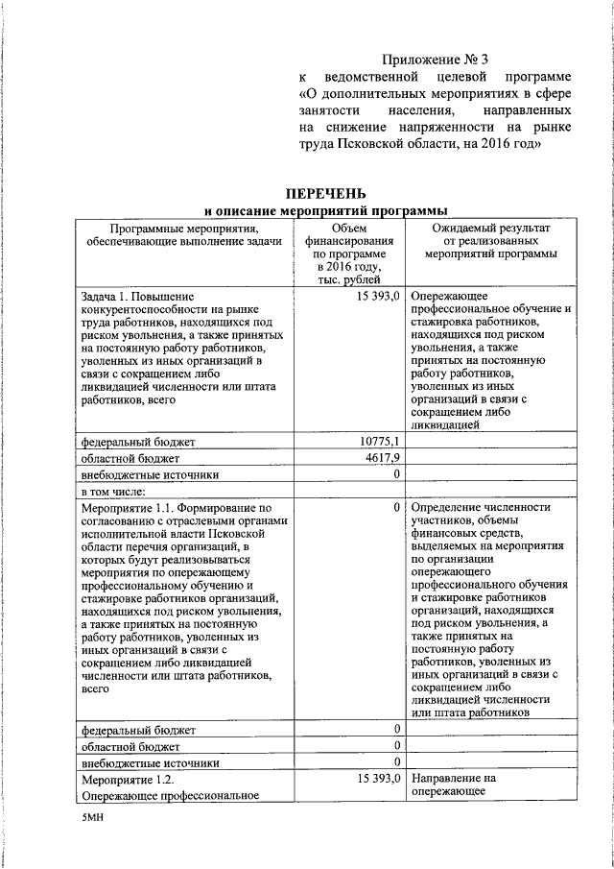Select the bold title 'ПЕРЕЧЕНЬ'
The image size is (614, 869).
(314, 195)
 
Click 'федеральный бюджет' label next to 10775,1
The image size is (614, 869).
(138, 442)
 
